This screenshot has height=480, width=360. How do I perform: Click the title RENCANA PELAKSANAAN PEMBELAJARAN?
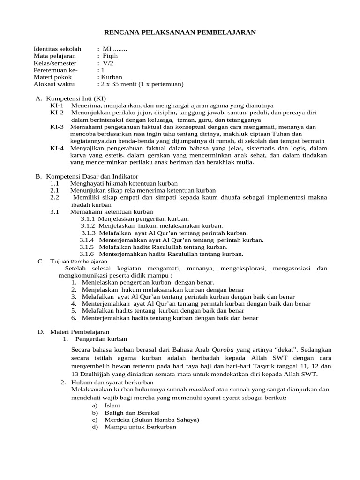(180, 32)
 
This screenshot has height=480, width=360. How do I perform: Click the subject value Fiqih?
(111, 56)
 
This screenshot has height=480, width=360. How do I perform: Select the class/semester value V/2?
(108, 63)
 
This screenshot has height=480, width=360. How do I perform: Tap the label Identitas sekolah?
(57, 49)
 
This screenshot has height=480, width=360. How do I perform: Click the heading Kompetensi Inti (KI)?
(75, 98)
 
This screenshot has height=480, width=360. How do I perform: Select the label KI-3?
(57, 127)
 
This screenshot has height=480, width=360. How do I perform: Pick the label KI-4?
(57, 148)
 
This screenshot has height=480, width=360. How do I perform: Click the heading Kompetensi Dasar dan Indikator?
(92, 176)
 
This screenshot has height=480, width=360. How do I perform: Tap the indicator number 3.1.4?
(87, 240)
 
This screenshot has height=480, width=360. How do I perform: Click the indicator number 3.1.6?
(87, 254)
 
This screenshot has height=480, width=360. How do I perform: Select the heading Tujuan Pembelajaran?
(79, 261)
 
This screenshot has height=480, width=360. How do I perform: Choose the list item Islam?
(112, 405)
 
